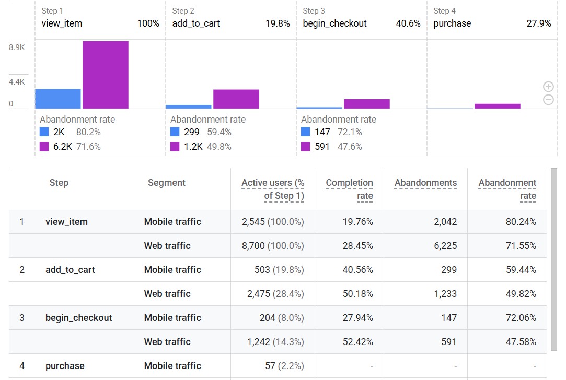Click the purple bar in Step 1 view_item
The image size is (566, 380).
click(x=105, y=75)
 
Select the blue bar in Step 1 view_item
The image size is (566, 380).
click(x=58, y=99)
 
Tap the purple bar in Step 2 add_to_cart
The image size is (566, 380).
click(x=236, y=99)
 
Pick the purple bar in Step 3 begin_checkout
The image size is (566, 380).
click(x=366, y=104)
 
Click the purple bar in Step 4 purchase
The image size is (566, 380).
click(x=497, y=106)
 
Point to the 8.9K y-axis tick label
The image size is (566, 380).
click(x=17, y=47)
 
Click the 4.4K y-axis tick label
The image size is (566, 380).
click(x=17, y=82)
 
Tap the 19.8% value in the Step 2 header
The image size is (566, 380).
click(x=278, y=23)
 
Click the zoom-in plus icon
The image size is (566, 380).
click(x=548, y=87)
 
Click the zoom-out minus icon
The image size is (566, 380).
click(x=548, y=100)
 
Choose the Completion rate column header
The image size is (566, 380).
click(x=349, y=189)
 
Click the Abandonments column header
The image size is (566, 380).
click(x=425, y=183)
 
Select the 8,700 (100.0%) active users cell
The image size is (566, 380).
click(x=273, y=246)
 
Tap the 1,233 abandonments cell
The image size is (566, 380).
click(x=445, y=294)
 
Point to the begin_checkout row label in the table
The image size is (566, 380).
click(x=79, y=318)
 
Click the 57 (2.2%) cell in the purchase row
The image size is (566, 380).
click(x=284, y=366)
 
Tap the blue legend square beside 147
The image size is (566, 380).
click(x=306, y=132)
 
